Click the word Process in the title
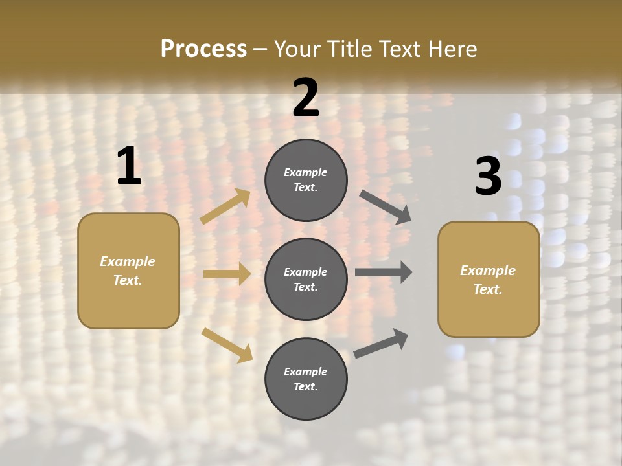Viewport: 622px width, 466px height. click(203, 49)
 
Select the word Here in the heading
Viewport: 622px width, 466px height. click(452, 49)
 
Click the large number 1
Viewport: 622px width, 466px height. click(129, 166)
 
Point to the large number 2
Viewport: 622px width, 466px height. click(306, 98)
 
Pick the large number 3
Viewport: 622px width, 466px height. click(488, 176)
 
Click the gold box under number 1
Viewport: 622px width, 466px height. click(128, 271)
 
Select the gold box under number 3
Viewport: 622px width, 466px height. click(489, 280)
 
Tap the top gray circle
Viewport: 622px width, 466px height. click(306, 180)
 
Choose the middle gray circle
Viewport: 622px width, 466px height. click(306, 279)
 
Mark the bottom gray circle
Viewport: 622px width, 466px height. click(306, 379)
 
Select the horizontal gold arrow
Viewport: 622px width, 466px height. click(227, 274)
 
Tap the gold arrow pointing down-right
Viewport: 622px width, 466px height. click(227, 345)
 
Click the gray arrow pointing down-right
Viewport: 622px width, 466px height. click(385, 206)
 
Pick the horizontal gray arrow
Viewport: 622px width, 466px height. click(384, 272)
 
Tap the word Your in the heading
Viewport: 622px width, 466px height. click(296, 49)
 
